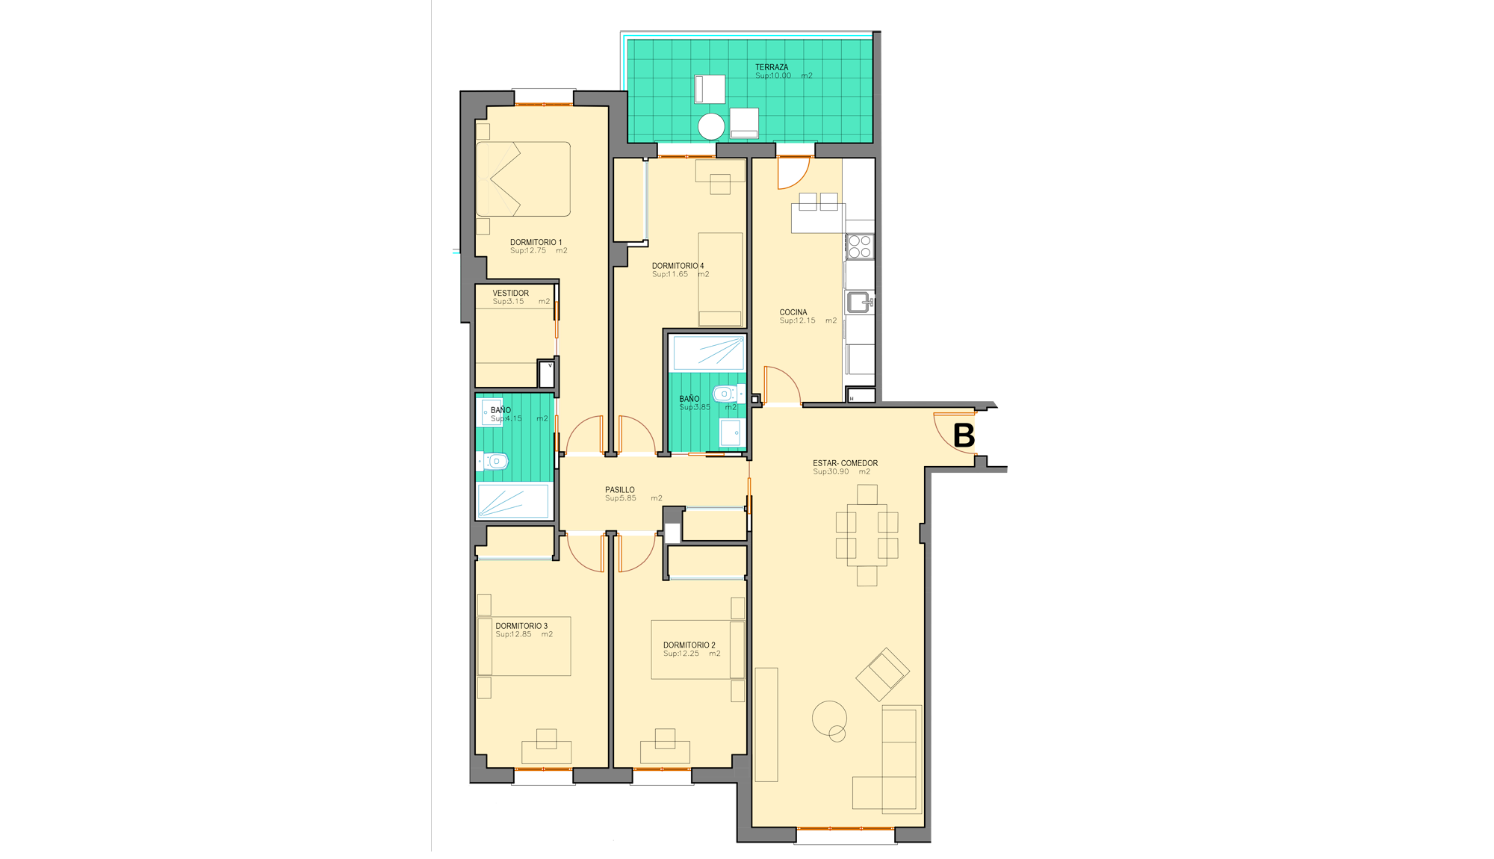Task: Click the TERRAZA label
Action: (x=771, y=67)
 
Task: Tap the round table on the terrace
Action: (x=711, y=126)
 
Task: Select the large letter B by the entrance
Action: (x=964, y=435)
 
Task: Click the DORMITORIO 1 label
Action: (x=536, y=242)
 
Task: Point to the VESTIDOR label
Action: (x=510, y=293)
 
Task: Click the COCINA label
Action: (x=793, y=312)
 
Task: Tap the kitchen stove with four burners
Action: (x=860, y=246)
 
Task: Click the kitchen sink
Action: (x=860, y=303)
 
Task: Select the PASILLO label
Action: (x=620, y=490)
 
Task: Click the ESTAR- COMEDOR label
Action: (x=846, y=463)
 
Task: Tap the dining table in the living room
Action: (x=867, y=535)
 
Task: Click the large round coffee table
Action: (x=829, y=719)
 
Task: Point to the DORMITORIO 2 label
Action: (x=689, y=645)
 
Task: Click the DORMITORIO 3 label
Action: (x=521, y=626)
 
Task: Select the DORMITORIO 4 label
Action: (x=678, y=266)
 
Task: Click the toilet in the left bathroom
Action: (x=495, y=462)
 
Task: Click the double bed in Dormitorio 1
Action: (x=523, y=179)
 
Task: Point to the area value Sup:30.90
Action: (x=831, y=472)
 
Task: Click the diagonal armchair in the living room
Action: (x=882, y=674)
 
